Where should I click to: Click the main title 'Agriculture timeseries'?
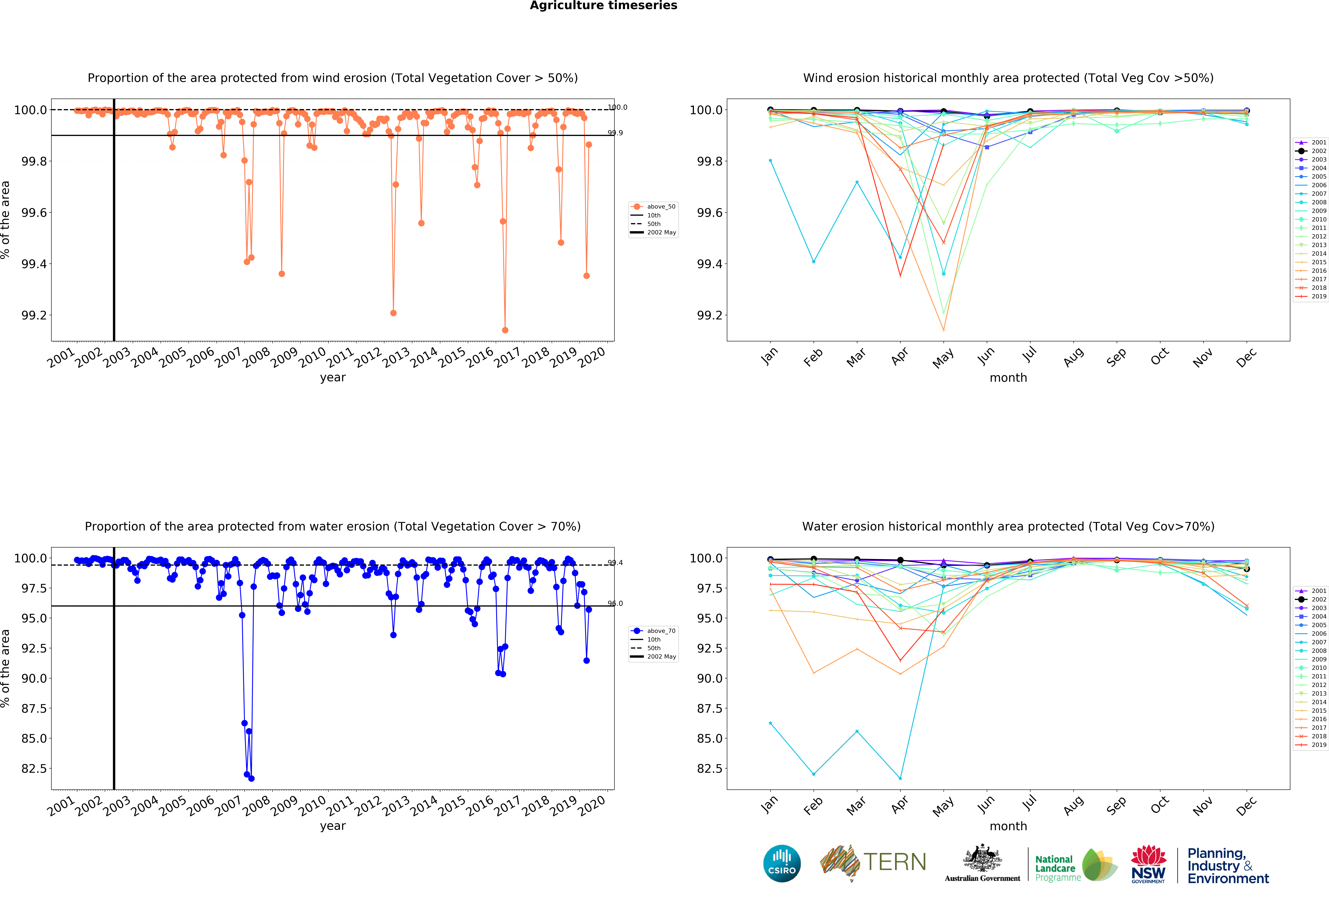(603, 6)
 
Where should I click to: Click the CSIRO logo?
(782, 863)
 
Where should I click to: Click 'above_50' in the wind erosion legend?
(661, 207)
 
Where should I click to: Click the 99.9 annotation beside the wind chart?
(615, 133)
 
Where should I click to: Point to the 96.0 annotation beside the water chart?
(615, 603)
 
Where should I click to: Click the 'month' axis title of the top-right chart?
(1008, 378)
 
